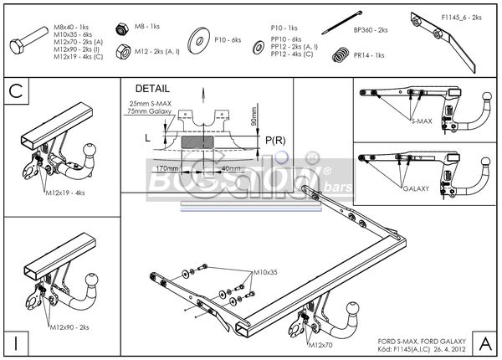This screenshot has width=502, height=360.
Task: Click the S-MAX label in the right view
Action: [422, 121]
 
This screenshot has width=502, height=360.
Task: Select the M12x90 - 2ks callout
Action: [69, 327]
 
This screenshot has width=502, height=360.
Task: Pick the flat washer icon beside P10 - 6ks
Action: [199, 39]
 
